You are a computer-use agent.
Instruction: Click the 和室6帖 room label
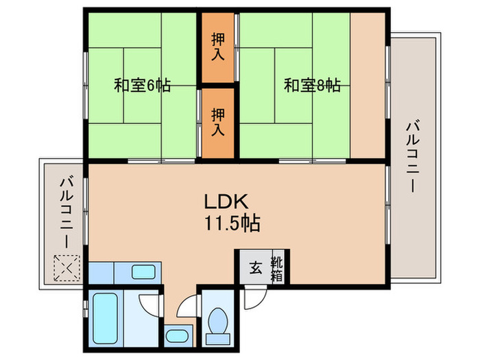pos(142,86)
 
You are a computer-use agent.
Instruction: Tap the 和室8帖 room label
pos(311,86)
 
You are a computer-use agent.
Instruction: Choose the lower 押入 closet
pos(217,121)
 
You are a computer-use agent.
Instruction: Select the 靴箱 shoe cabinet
pos(278,265)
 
